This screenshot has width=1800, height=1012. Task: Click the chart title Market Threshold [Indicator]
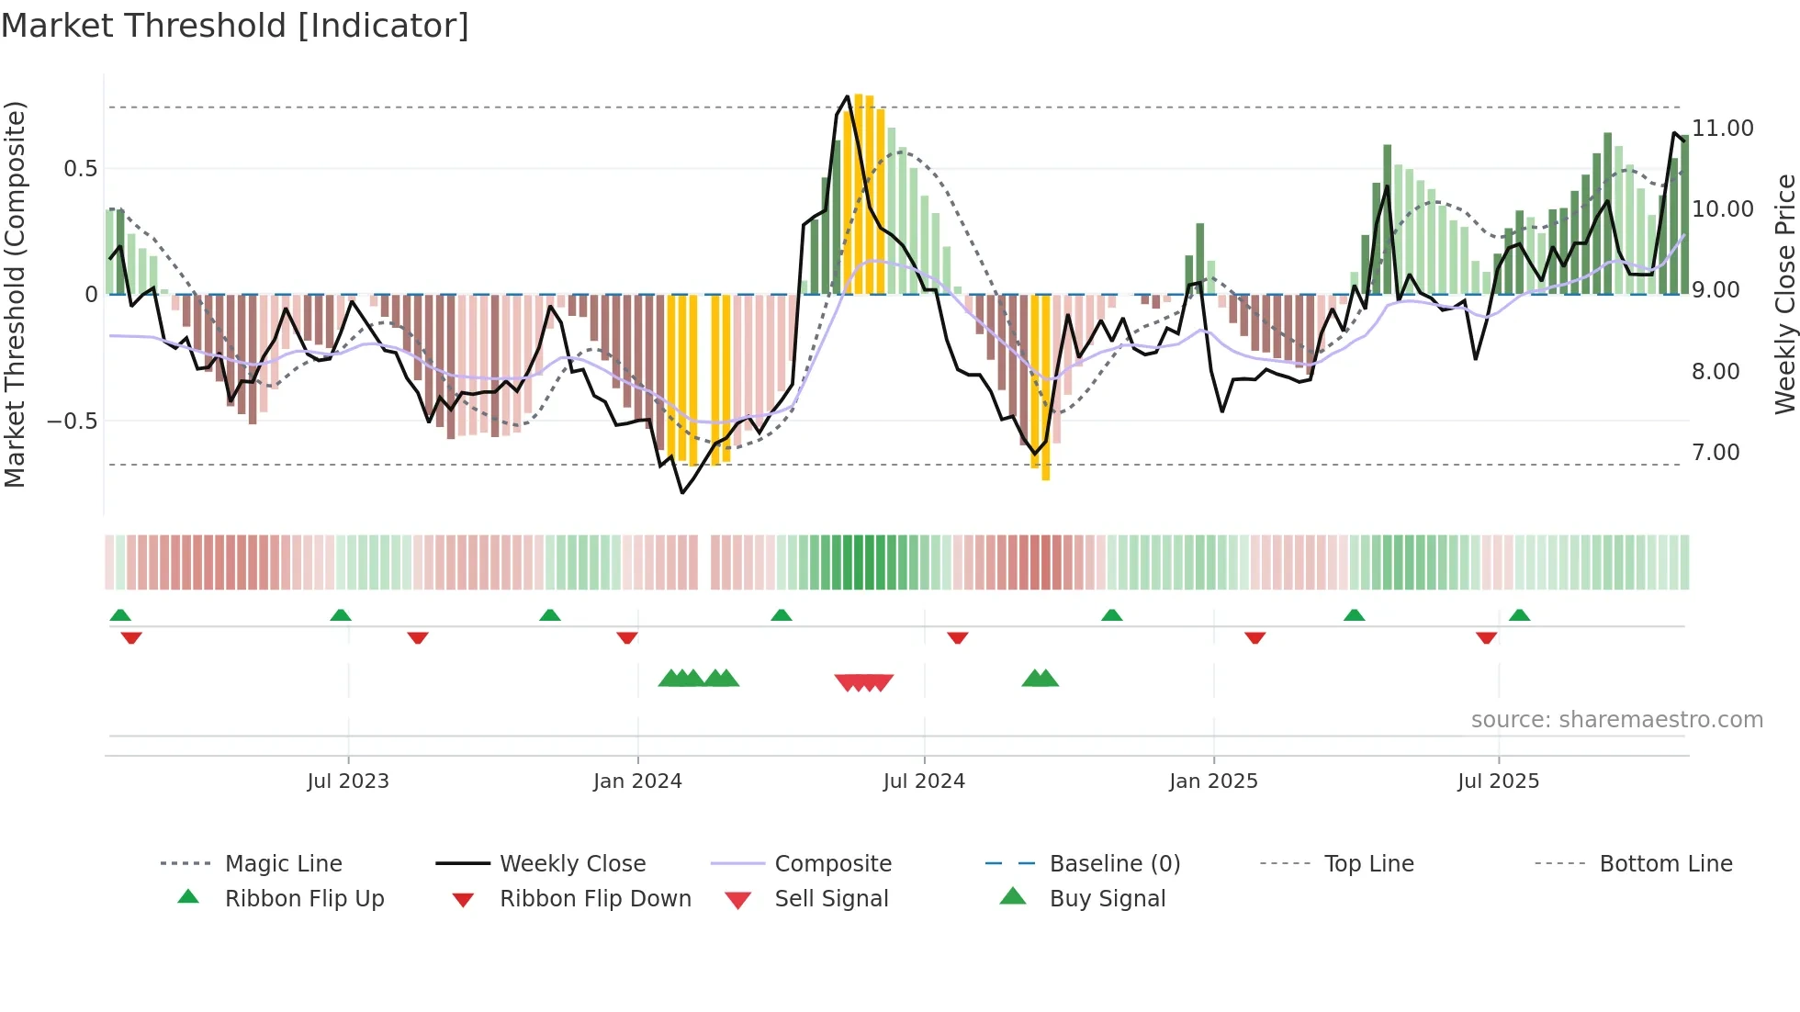[235, 26]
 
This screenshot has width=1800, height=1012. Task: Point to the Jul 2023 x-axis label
[348, 781]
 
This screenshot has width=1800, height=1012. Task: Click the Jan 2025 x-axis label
[1213, 781]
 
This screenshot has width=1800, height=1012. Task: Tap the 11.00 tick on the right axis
[1723, 129]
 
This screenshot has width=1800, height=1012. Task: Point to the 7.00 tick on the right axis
[1716, 453]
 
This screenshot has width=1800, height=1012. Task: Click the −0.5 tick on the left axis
[73, 422]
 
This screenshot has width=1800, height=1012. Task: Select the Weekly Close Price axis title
[1784, 294]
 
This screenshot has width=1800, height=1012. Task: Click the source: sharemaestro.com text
[1616, 720]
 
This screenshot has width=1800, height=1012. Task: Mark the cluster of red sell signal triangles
[863, 682]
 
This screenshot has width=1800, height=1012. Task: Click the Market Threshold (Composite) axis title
[15, 294]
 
